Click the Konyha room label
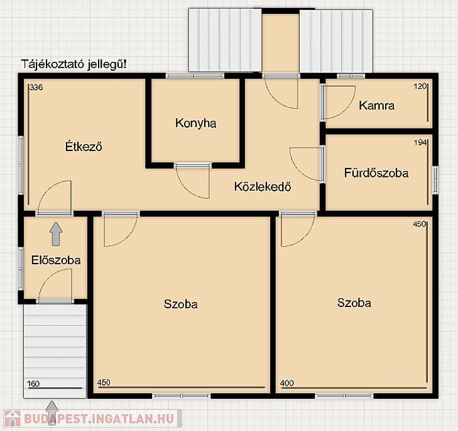click(195, 123)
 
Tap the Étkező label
click(84, 146)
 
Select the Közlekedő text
click(263, 186)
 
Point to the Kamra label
click(376, 105)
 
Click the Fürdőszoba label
click(376, 172)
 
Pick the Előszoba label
click(56, 260)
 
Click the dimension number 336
click(36, 87)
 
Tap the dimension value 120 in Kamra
click(420, 86)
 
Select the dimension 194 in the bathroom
click(420, 142)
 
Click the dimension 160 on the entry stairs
click(33, 384)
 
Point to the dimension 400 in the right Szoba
click(287, 383)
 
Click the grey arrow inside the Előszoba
click(56, 234)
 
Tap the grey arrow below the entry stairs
click(52, 413)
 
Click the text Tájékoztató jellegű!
click(74, 64)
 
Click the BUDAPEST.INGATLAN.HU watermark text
click(99, 418)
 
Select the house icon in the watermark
click(12, 418)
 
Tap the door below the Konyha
click(193, 182)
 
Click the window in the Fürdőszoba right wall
click(435, 181)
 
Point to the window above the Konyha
click(195, 76)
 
